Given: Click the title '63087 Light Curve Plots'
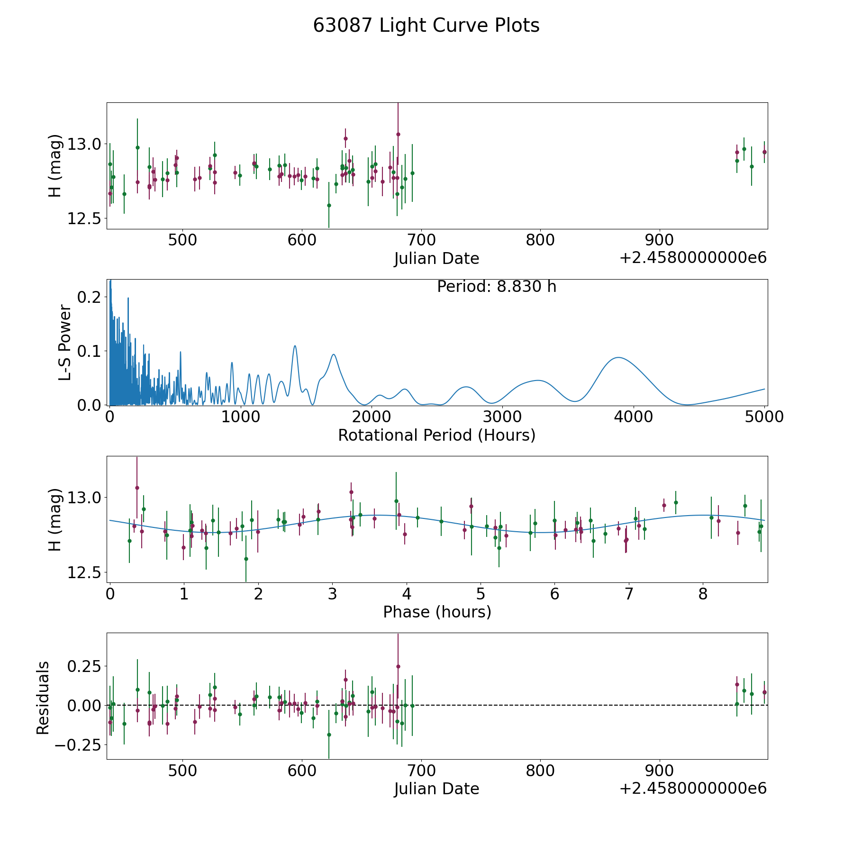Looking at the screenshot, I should (x=426, y=26).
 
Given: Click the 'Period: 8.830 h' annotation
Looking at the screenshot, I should (x=496, y=287).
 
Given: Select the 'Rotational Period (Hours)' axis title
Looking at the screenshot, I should (x=436, y=435).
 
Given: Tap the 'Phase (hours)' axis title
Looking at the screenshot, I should (x=436, y=612).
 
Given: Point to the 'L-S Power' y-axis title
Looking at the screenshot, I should (x=65, y=343).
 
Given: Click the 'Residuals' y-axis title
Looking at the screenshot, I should (x=43, y=698).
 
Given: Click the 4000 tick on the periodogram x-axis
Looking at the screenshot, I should (x=633, y=417).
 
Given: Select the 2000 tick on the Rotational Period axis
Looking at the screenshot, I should (x=371, y=417).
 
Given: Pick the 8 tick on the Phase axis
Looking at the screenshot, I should (x=703, y=594).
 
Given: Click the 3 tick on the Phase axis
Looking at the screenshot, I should (x=332, y=594).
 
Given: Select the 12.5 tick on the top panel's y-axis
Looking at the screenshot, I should (x=83, y=218).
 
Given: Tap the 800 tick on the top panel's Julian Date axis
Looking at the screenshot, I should (x=540, y=240).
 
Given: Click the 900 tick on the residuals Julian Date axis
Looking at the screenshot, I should (x=660, y=771).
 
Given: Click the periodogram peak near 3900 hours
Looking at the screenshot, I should (x=618, y=357).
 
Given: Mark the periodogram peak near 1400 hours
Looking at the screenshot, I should (x=295, y=345).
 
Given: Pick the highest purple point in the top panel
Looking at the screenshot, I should (x=398, y=134).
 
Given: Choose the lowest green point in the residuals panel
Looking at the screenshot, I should (x=329, y=735).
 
